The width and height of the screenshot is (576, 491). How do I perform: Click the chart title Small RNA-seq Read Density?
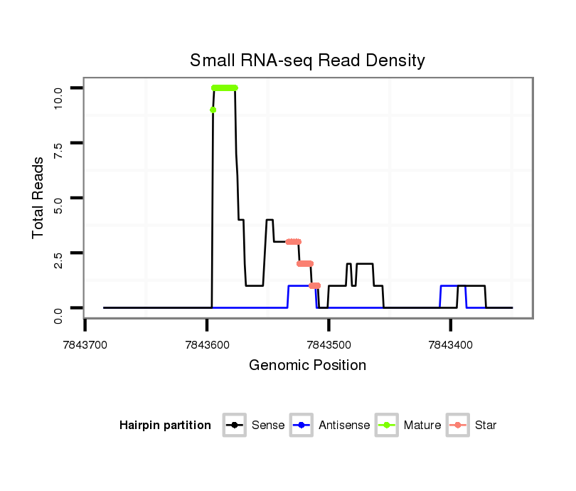(307, 60)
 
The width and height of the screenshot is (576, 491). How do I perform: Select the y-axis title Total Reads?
(39, 198)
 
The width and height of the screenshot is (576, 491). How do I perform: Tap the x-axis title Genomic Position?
(307, 366)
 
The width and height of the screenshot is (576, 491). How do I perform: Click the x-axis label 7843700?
(85, 345)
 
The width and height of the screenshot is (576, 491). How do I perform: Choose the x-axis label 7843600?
(207, 345)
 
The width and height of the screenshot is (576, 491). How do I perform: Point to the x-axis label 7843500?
(329, 345)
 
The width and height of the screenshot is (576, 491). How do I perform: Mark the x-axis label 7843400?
(450, 345)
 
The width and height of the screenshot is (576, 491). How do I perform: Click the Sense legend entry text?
(268, 426)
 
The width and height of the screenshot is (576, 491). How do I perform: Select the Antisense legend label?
(344, 426)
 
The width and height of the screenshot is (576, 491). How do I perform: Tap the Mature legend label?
(422, 426)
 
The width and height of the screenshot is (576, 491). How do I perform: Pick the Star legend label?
(486, 426)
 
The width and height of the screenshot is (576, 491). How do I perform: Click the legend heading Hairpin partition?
(165, 426)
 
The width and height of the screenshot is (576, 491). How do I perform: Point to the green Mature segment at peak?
(225, 88)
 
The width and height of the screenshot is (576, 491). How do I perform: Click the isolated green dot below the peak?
(213, 110)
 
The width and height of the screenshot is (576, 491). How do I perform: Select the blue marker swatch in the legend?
(302, 426)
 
